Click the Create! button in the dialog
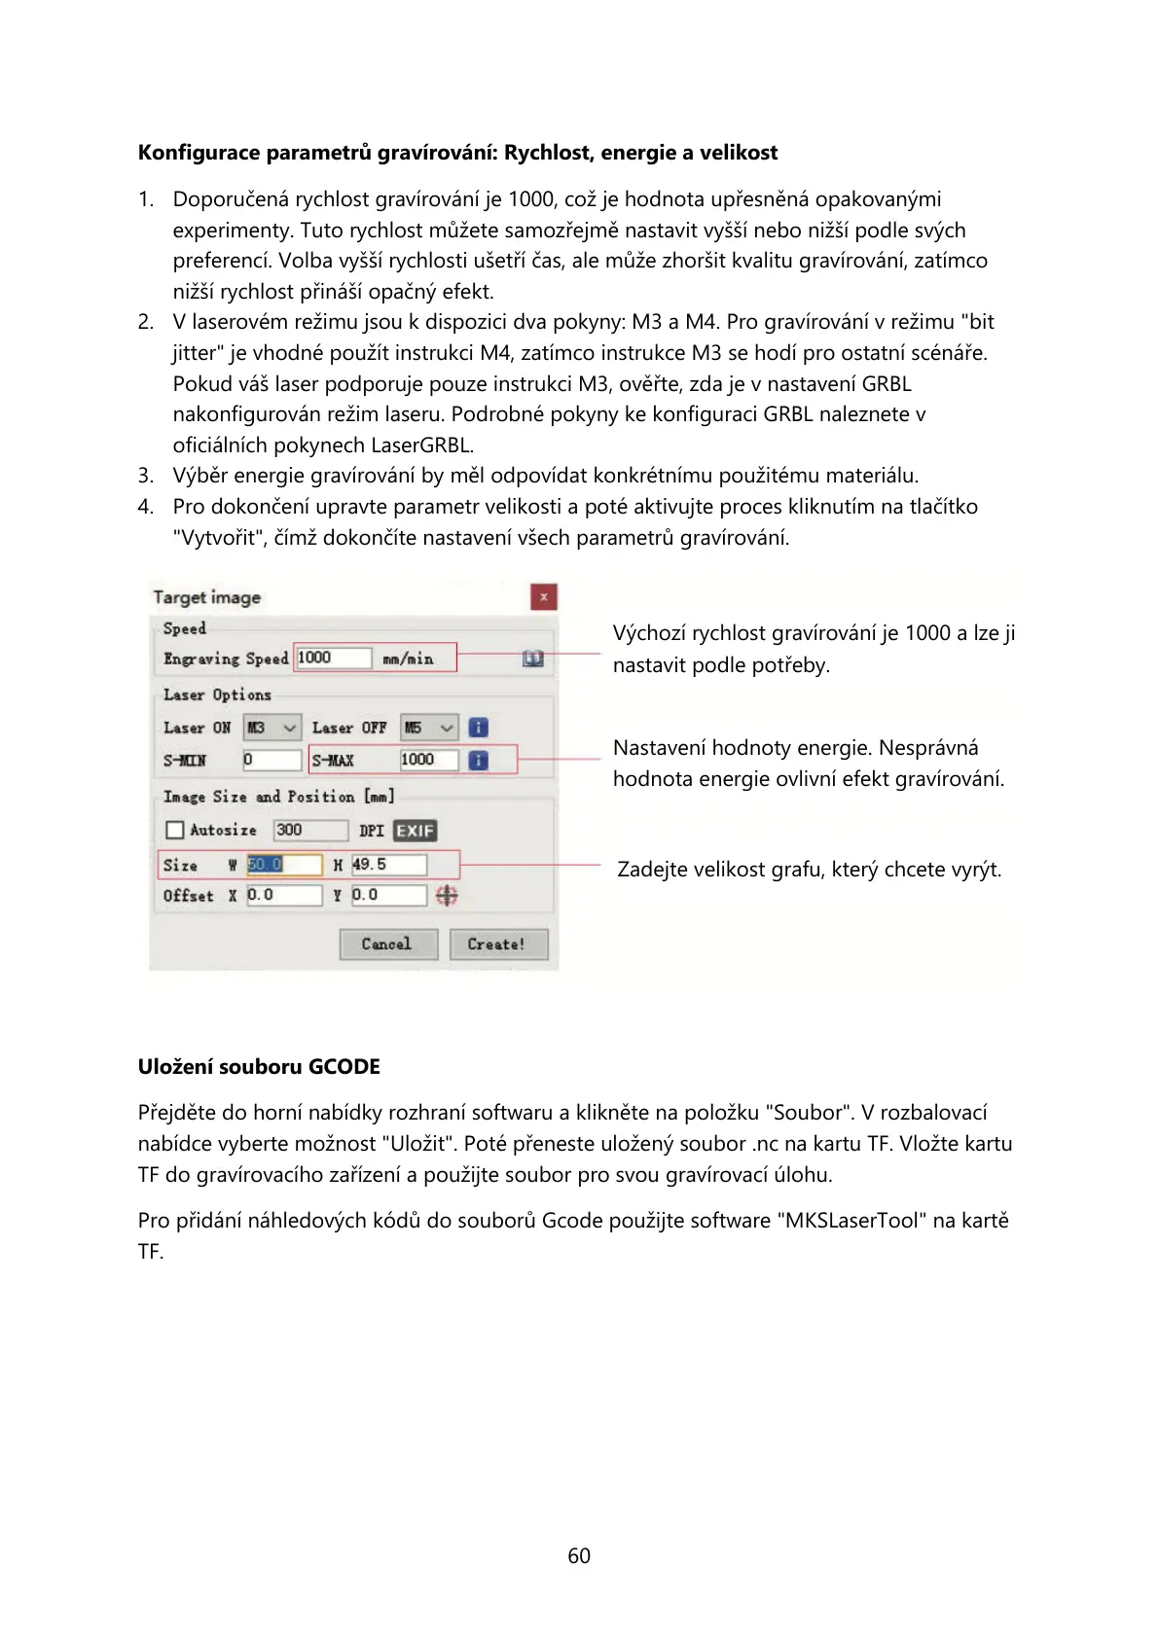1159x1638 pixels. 498,944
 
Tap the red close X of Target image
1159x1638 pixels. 544,596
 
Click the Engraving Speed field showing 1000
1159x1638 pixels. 333,659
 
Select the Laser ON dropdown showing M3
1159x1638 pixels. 272,728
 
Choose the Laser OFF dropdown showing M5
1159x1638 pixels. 429,728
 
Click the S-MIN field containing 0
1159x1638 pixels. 272,760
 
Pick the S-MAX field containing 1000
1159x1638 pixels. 428,760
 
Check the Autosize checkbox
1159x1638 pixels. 175,830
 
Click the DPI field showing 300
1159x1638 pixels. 310,830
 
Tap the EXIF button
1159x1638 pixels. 415,831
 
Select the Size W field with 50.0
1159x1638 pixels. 283,865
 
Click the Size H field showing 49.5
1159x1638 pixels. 388,865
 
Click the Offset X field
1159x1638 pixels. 283,895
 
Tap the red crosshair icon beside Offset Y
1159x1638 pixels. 447,895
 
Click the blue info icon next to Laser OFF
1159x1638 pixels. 478,728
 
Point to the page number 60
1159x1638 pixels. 579,1556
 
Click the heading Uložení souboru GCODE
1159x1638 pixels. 259,1067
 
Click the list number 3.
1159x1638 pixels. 145,476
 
